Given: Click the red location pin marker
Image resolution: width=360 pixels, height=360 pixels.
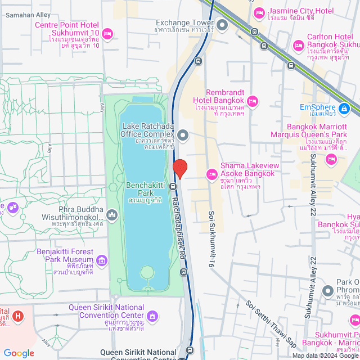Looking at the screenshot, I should [179, 168].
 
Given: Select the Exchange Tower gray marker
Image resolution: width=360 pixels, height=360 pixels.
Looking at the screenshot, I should [222, 24].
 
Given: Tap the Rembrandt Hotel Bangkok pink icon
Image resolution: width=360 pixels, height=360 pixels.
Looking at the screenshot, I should [253, 101].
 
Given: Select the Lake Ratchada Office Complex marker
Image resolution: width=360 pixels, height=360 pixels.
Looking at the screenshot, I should [183, 135].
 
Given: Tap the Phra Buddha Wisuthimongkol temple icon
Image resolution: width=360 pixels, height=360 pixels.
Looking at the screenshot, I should [112, 214].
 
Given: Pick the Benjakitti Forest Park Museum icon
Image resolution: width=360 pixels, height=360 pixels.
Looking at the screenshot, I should [101, 260].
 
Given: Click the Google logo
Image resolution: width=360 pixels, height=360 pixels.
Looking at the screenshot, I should [19, 353].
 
